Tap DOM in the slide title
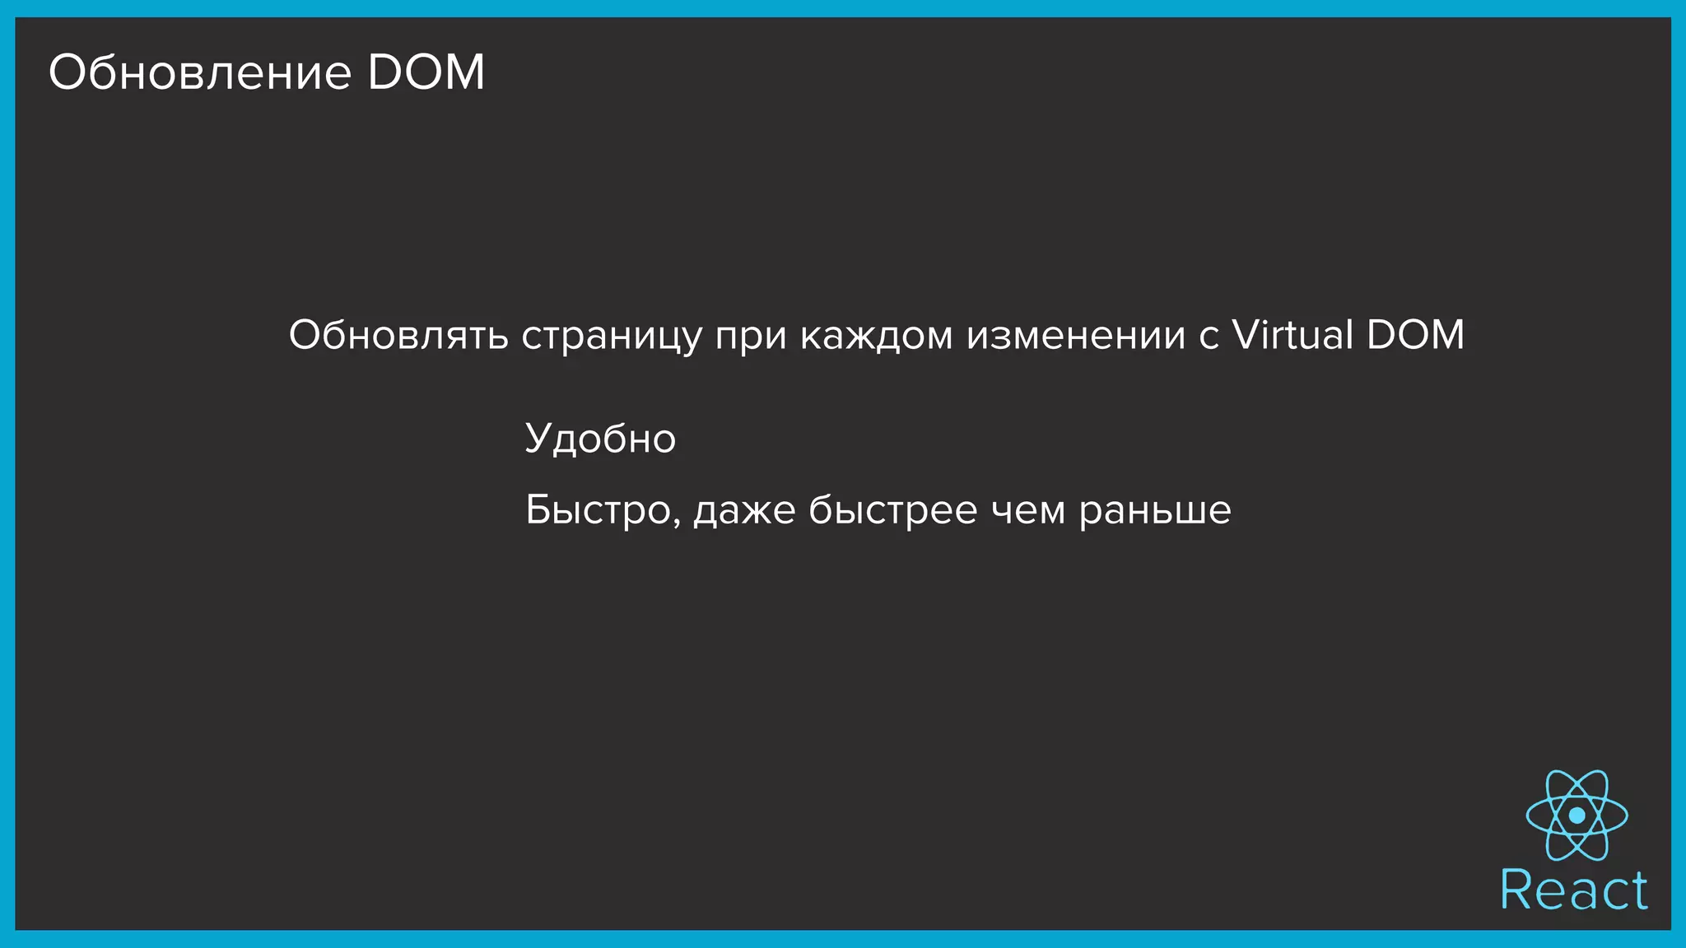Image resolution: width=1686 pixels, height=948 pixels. point(426,72)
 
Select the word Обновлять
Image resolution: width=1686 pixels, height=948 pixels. point(398,335)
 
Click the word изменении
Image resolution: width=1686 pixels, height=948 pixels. point(1076,336)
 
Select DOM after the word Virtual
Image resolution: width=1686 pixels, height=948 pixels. point(1415,335)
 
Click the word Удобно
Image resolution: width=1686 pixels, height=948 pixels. point(600,439)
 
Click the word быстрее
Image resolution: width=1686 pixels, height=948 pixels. point(892,510)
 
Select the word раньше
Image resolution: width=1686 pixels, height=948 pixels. point(1155,511)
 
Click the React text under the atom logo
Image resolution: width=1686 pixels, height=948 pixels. point(1574,890)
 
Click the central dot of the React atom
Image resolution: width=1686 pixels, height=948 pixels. point(1577,815)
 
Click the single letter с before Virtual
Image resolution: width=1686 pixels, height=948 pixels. point(1208,337)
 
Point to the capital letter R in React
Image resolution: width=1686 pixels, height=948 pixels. point(1516,890)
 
